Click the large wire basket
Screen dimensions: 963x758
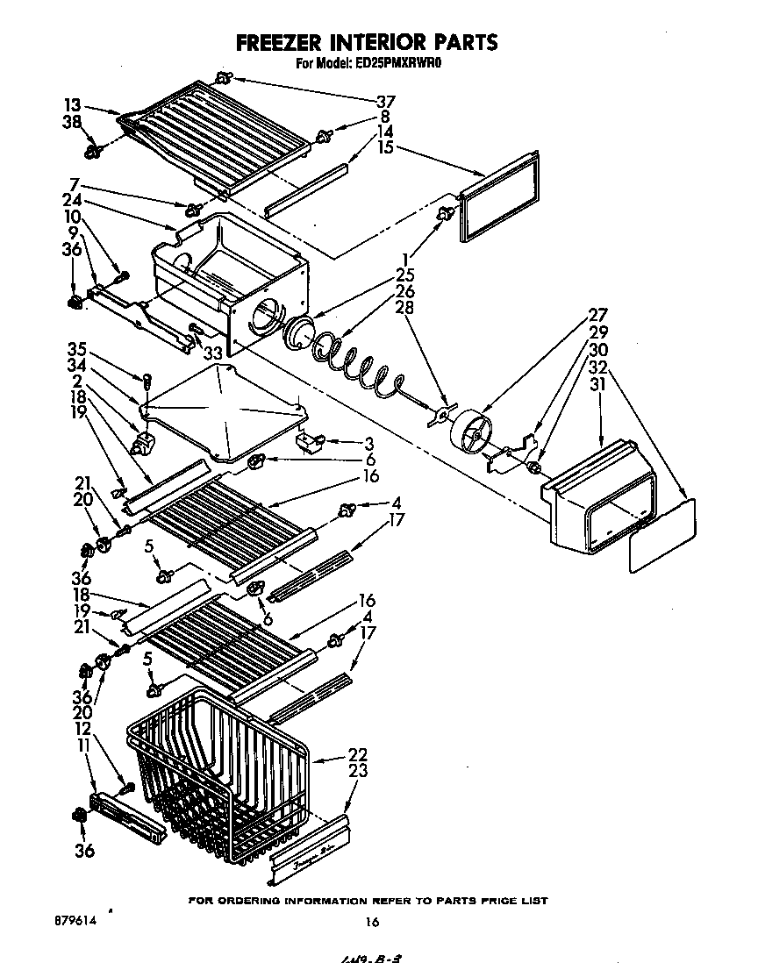tap(219, 772)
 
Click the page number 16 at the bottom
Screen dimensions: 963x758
tap(372, 922)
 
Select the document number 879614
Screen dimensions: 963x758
tap(74, 922)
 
